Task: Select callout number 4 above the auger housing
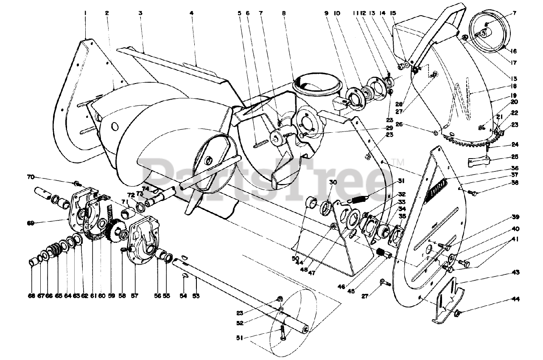click(x=192, y=13)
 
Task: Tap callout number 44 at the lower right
click(x=515, y=299)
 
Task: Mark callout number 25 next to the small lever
click(x=515, y=156)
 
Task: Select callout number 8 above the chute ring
click(x=283, y=13)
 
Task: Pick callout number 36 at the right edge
click(x=515, y=168)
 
